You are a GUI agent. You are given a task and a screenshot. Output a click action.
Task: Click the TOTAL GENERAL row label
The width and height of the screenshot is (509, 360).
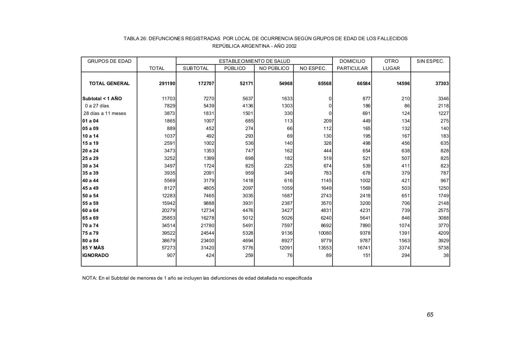tap(109, 84)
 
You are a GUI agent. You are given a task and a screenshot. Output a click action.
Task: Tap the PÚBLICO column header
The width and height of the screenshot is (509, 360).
tap(235, 68)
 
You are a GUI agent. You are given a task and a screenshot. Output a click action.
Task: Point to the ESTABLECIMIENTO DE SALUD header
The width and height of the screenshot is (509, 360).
tap(254, 61)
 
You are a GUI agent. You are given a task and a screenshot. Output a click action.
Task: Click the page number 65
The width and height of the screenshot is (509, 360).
tap(430, 315)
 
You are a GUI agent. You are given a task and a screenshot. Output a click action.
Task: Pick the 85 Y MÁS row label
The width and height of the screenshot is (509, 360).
tap(93, 248)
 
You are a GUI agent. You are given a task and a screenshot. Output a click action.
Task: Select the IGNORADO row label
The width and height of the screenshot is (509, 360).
tap(95, 255)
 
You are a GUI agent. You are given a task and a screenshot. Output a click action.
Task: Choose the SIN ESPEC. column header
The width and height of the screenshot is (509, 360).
tap(430, 61)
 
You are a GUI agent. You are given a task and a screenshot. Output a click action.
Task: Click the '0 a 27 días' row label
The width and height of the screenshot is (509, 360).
tap(97, 106)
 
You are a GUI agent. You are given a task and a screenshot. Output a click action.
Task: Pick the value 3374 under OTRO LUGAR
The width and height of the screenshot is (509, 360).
tap(403, 248)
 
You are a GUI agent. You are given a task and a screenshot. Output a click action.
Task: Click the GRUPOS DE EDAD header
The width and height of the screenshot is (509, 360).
tap(109, 61)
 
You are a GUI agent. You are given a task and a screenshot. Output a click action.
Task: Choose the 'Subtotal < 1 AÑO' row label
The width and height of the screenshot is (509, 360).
tap(102, 99)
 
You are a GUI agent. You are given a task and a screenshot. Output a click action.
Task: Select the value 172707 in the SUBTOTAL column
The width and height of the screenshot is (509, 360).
tap(206, 84)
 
